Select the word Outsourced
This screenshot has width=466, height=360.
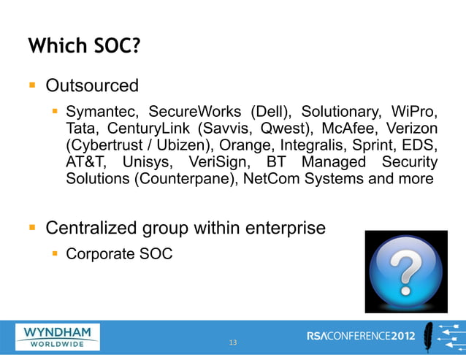point(92,86)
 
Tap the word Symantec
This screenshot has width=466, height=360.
point(102,113)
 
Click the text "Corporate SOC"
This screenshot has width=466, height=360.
point(119,254)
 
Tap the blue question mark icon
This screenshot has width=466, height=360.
point(405,271)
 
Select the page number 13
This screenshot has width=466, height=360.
point(233,342)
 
